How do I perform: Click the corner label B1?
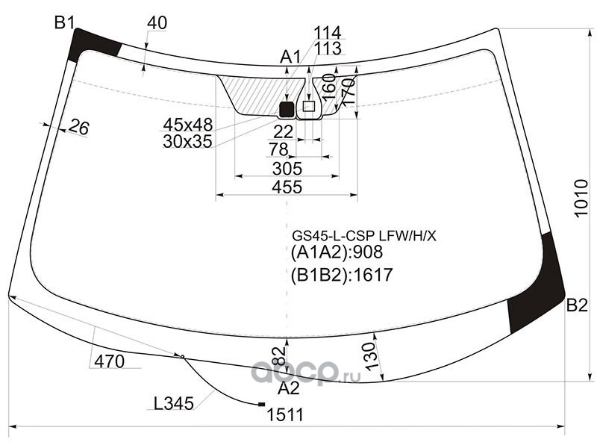point(64,23)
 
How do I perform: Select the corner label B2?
point(577,305)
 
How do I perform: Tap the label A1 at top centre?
point(290,57)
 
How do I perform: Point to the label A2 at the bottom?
point(289,388)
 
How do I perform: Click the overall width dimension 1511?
point(285,415)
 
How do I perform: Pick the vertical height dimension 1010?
point(581,198)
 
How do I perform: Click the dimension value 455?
point(287,187)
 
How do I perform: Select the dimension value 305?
point(287,169)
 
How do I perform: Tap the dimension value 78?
point(278,149)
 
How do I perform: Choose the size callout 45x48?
point(188,125)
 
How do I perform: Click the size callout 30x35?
point(187,142)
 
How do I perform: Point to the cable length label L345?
point(174,403)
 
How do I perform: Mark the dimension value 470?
point(109,361)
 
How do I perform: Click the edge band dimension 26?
point(80,127)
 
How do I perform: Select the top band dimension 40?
point(157,23)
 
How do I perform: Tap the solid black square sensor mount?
point(287,109)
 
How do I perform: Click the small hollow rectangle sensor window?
point(308,106)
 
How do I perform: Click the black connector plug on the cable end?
point(262,404)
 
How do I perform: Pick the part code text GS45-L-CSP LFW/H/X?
point(364,237)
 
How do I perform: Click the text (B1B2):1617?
point(342,275)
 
